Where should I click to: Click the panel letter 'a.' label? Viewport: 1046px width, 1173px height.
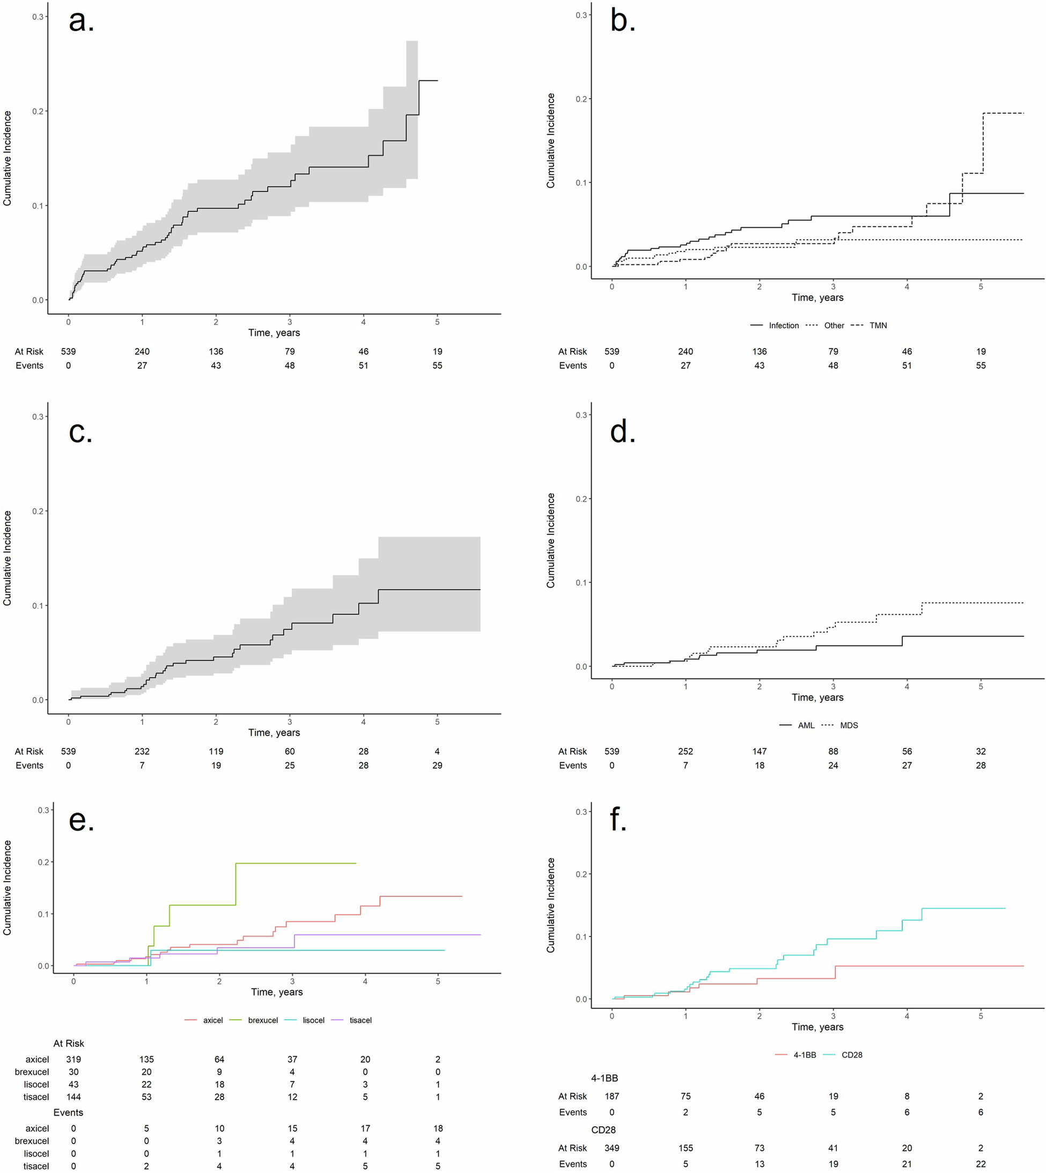81,21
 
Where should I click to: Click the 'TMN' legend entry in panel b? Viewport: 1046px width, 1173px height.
878,326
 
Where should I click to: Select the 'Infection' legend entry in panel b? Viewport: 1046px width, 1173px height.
783,326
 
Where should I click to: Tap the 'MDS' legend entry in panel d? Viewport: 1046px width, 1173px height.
848,725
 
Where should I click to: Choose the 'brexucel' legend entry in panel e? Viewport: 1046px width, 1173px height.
263,1020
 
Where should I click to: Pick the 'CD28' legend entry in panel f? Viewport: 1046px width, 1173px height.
851,1055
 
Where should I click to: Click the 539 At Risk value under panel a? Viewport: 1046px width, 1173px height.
69,352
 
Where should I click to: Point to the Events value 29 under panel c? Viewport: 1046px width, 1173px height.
437,765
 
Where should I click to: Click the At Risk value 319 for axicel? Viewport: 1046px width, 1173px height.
73,1059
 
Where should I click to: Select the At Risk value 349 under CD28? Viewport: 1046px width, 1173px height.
612,1148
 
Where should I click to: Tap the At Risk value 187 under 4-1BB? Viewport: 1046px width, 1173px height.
612,1096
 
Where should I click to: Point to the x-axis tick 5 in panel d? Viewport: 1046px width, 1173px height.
981,686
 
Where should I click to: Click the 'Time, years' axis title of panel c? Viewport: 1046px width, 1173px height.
274,732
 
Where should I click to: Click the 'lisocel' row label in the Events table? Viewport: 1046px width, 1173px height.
36,1154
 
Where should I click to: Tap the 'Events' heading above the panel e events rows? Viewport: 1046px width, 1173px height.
69,1112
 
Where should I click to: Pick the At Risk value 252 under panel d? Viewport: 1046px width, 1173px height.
685,752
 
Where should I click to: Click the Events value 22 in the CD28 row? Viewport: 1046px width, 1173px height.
981,1164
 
